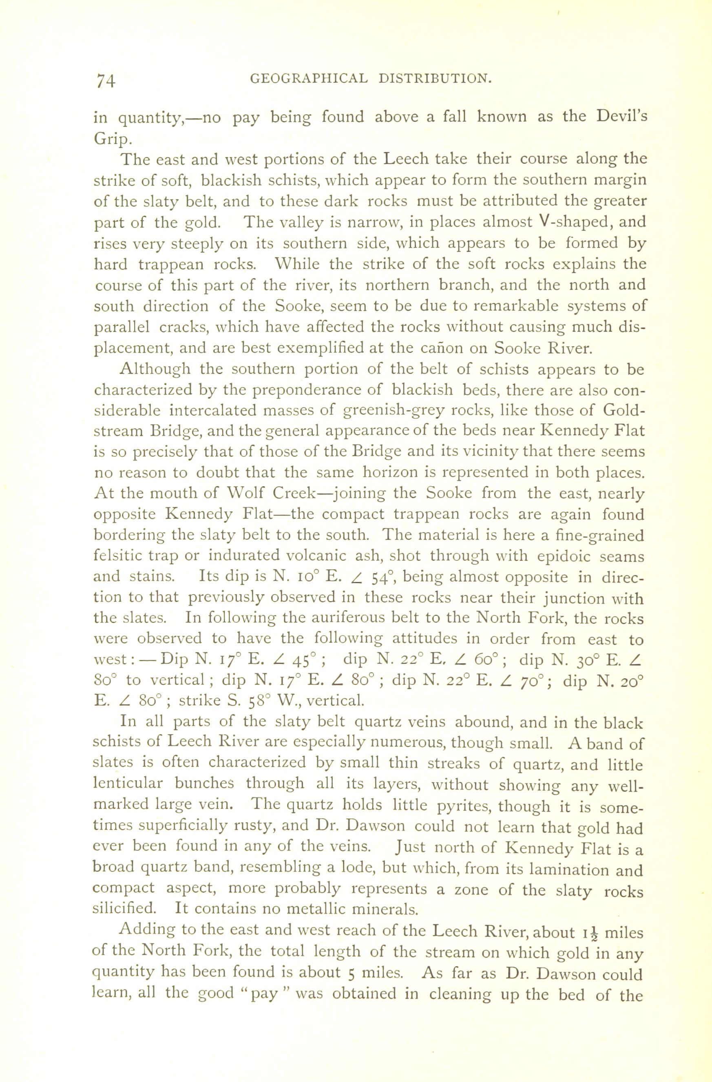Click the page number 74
tap(106, 80)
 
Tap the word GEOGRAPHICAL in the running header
tap(309, 79)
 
